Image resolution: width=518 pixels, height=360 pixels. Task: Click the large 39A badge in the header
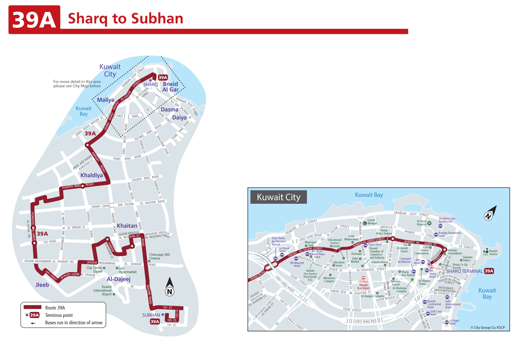pyautogui.click(x=34, y=19)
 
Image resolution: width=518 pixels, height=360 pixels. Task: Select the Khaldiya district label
pyautogui.click(x=92, y=175)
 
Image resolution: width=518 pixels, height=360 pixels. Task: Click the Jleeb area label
pyautogui.click(x=42, y=285)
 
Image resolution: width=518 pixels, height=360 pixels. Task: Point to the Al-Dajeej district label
pyautogui.click(x=119, y=279)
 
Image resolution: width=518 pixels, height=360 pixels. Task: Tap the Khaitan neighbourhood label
pyautogui.click(x=127, y=226)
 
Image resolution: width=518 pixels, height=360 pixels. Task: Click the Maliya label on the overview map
pyautogui.click(x=106, y=100)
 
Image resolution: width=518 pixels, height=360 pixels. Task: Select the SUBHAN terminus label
pyautogui.click(x=151, y=315)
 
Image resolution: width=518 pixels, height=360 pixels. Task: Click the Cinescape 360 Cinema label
pyautogui.click(x=159, y=257)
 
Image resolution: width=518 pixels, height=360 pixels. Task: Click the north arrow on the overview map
pyautogui.click(x=169, y=287)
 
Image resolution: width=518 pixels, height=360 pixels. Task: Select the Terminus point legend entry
pyautogui.click(x=60, y=315)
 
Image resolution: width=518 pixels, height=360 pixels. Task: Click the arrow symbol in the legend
pyautogui.click(x=33, y=323)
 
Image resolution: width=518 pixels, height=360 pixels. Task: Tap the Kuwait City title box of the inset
pyautogui.click(x=278, y=197)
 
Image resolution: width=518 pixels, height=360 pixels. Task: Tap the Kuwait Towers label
pyautogui.click(x=493, y=253)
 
